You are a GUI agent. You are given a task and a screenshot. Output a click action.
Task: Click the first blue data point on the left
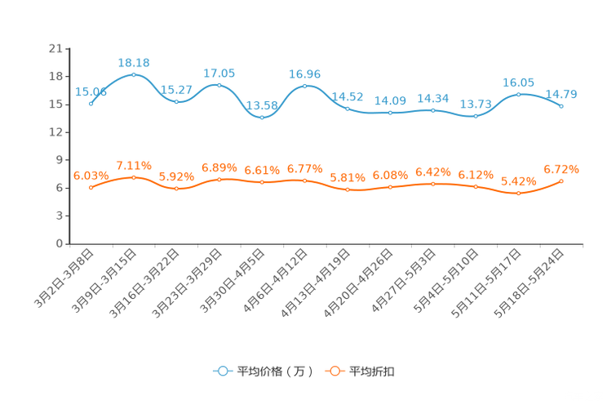[x=91, y=105]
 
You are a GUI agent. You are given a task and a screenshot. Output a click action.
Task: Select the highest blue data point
[x=134, y=74]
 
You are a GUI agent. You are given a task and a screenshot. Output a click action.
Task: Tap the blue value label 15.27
[x=177, y=89]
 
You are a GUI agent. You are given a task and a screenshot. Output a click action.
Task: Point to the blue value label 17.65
[x=219, y=73]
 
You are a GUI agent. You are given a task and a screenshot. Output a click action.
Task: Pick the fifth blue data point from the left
[x=262, y=118]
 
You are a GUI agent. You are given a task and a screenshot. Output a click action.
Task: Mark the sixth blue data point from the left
[x=305, y=85]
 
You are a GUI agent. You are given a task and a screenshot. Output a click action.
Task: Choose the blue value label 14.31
[x=433, y=98]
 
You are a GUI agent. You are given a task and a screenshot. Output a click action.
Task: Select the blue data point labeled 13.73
[x=476, y=117]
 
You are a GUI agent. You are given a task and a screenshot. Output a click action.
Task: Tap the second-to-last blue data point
[x=519, y=94]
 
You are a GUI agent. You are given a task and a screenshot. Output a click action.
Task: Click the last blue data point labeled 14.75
[x=562, y=106]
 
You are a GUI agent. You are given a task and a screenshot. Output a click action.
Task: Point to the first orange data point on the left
[x=91, y=187]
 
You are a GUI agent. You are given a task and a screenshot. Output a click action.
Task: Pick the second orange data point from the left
[x=134, y=177]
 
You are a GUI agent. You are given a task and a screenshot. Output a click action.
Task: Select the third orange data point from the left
[x=177, y=189]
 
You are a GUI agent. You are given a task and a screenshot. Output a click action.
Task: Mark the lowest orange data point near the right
[x=519, y=193]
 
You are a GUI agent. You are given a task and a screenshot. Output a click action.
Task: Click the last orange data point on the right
[x=562, y=180]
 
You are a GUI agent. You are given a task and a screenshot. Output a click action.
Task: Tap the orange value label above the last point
[x=562, y=168]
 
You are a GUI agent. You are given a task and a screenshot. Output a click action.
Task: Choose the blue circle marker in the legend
[x=223, y=371]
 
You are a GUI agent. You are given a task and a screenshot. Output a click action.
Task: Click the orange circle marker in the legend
[x=334, y=371]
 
